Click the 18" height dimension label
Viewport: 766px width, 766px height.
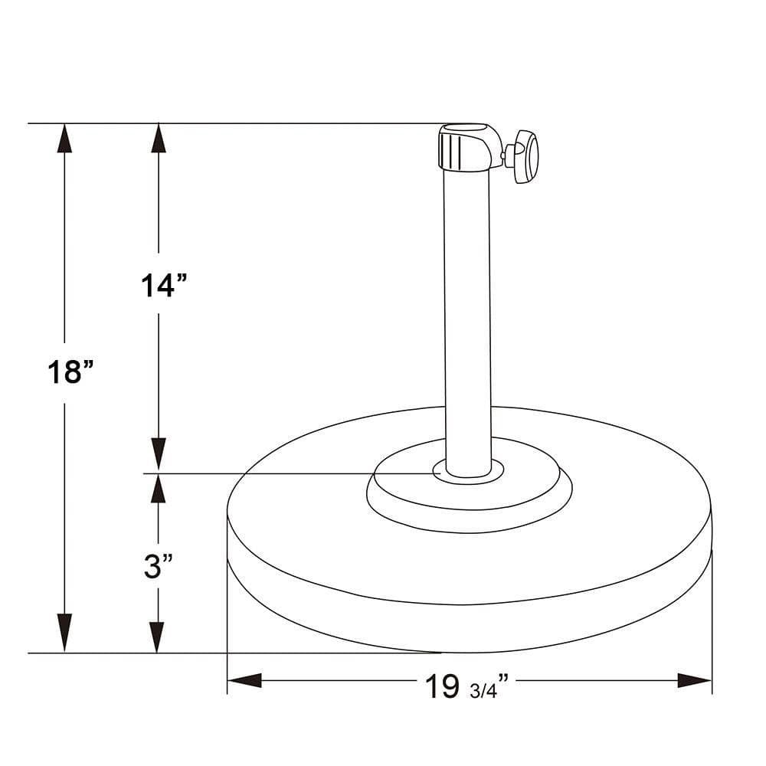point(70,372)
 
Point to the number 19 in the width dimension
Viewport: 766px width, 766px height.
point(442,686)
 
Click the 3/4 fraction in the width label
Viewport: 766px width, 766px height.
point(483,691)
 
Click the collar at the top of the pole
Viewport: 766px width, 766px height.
point(470,148)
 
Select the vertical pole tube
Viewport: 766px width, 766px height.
point(467,322)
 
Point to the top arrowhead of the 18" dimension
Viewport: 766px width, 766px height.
point(64,138)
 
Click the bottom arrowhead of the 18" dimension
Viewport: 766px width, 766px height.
point(64,633)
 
